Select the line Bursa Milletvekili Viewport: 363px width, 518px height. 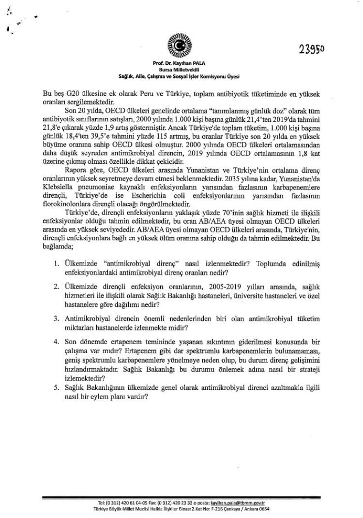[x=177, y=70]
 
